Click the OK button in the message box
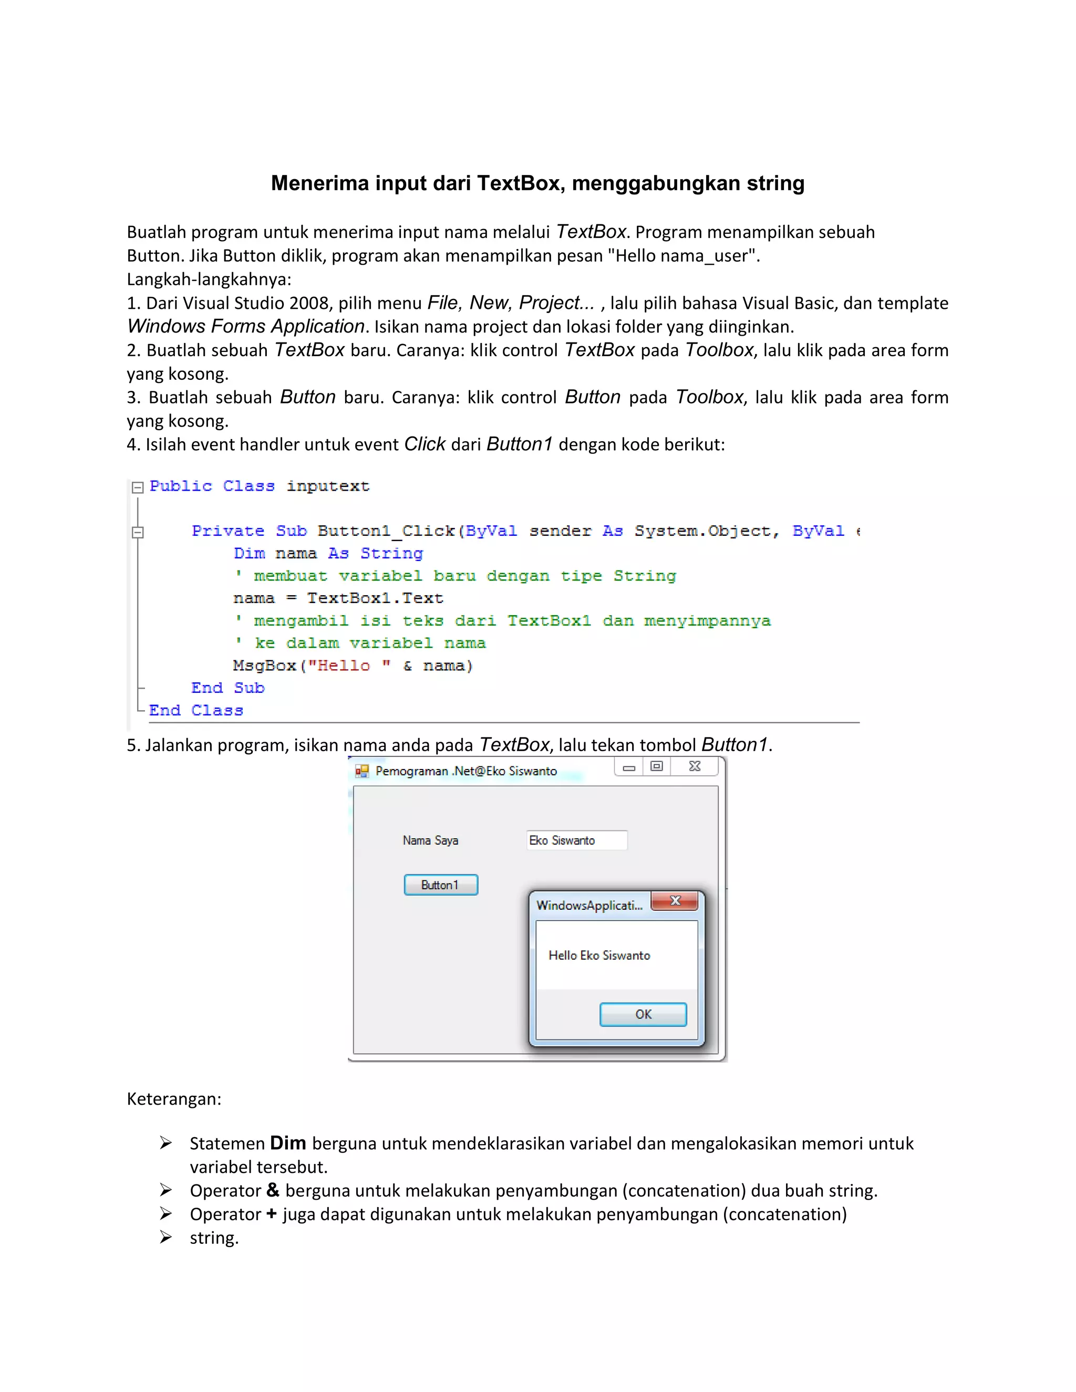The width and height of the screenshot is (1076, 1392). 643,1014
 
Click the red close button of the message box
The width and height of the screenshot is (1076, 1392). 675,900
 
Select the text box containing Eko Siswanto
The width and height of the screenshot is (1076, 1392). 577,840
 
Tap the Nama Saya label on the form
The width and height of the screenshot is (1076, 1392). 430,840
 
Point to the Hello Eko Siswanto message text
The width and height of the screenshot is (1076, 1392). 599,955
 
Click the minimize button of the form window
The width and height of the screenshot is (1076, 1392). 628,767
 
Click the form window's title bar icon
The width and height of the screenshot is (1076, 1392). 362,771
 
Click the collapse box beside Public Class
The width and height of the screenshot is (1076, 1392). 137,487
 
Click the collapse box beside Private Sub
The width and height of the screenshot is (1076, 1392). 137,532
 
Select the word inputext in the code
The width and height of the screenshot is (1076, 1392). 328,486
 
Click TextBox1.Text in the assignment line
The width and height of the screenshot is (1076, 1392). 375,598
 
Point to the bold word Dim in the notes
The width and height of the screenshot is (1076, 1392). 287,1143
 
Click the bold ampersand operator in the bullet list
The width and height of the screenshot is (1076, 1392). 273,1190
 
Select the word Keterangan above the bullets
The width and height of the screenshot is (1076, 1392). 173,1099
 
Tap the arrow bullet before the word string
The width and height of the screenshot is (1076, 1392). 165,1237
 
